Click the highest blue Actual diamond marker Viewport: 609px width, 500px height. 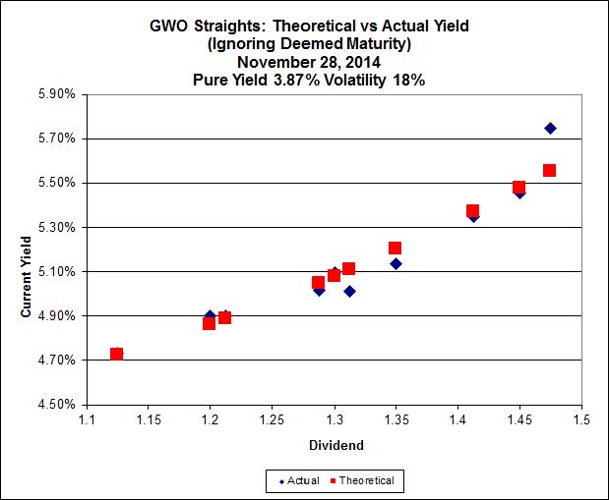550,129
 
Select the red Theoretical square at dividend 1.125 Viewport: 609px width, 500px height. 116,354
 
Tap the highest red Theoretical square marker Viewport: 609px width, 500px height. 549,170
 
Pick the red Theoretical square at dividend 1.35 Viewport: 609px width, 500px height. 395,249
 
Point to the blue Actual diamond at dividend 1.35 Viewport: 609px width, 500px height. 396,263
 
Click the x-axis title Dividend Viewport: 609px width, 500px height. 335,445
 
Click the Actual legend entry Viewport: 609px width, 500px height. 299,480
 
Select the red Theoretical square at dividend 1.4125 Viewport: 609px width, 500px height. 472,211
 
